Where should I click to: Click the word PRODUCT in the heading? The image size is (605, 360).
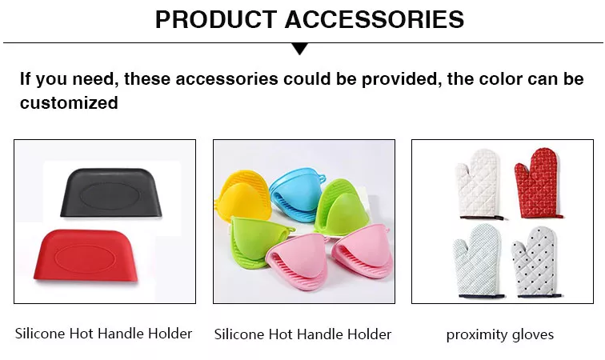pos(216,19)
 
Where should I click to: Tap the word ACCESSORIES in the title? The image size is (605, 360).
pos(375,19)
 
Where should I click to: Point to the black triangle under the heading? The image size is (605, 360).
pos(300,49)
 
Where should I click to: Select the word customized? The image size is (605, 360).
pos(69,103)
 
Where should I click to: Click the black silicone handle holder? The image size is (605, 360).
pos(110,193)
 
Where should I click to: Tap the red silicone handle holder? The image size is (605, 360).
pos(86,255)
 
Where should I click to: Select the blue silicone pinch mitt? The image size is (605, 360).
pos(295,194)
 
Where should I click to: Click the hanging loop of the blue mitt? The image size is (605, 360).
pos(321,178)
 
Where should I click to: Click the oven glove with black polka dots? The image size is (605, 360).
pos(536,262)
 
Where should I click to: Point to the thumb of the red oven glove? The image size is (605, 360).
pos(520,173)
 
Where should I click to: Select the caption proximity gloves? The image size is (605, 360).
pos(500,334)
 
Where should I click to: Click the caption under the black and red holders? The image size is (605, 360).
pos(103,334)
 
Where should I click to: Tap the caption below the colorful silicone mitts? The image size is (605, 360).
pos(302,334)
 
